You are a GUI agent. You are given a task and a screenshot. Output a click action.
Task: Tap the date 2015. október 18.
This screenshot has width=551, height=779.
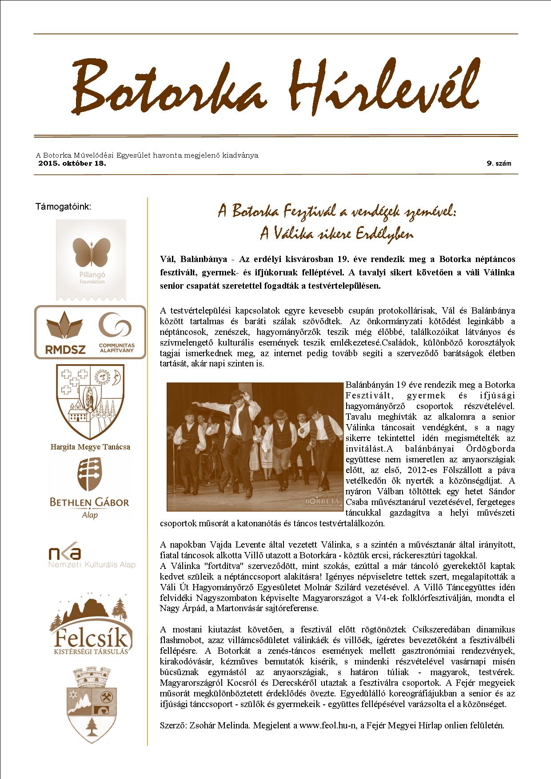[x=72, y=163]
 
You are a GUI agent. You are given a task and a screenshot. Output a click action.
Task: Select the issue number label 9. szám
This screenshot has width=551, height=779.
[x=499, y=163]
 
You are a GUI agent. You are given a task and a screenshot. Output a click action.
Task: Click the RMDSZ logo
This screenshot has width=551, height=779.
[x=65, y=333]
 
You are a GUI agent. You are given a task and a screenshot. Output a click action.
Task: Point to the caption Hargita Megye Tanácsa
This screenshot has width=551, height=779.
[x=90, y=447]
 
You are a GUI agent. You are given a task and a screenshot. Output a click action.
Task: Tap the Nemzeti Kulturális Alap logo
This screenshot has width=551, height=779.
[x=92, y=556]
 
